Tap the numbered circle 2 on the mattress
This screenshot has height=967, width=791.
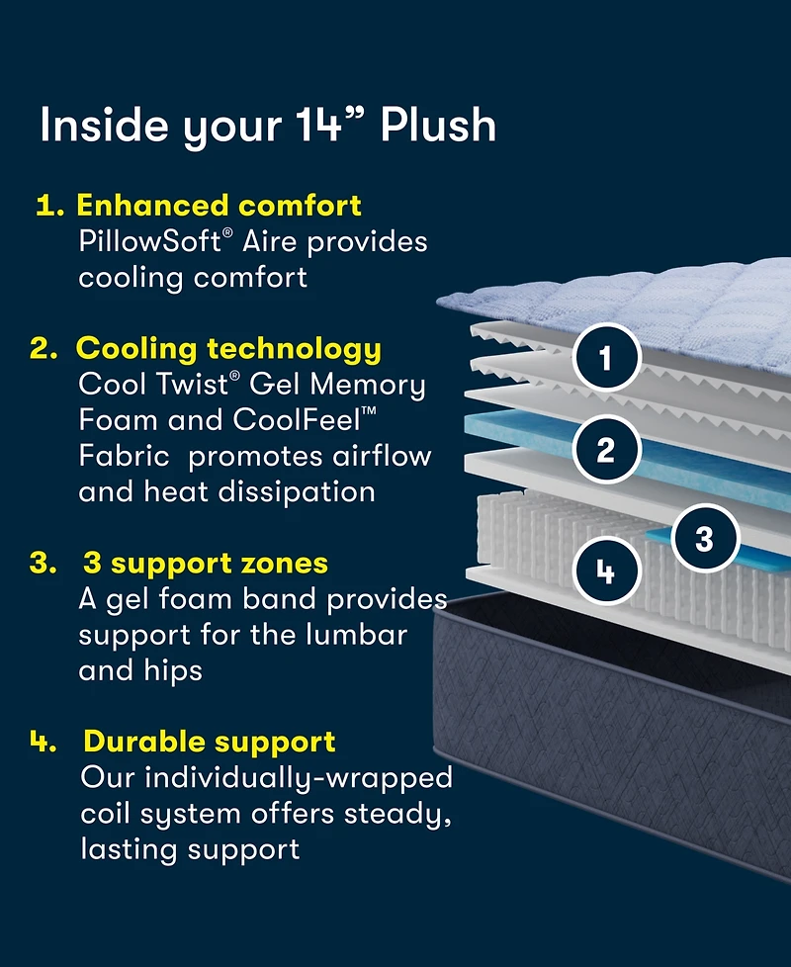pyautogui.click(x=606, y=451)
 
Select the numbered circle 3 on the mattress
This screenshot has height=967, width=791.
pyautogui.click(x=704, y=539)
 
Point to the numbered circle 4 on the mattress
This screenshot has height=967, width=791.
pyautogui.click(x=606, y=571)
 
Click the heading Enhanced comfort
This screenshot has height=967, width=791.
pyautogui.click(x=219, y=206)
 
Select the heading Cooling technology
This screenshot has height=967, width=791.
pyautogui.click(x=228, y=348)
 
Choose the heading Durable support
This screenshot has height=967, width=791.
pyautogui.click(x=210, y=742)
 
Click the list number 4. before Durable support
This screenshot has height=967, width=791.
pyautogui.click(x=44, y=742)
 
